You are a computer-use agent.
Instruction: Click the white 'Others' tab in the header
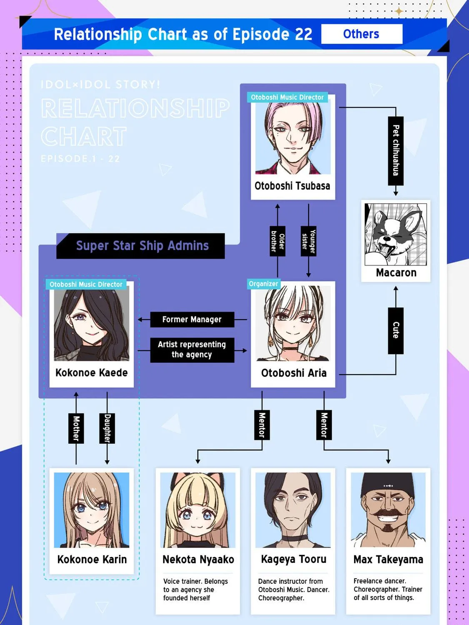(362, 34)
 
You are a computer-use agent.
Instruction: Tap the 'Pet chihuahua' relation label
(396, 151)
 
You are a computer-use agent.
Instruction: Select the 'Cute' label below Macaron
(396, 330)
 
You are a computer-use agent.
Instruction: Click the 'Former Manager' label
(192, 320)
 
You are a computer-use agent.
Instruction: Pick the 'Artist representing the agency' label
(192, 350)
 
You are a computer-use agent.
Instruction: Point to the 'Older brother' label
(277, 241)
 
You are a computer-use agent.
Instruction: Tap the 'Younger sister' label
(309, 241)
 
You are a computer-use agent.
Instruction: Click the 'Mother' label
(76, 428)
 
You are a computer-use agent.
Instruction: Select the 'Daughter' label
(107, 428)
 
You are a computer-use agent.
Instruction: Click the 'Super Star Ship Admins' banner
(141, 246)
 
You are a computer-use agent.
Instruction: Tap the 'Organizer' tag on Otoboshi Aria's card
(264, 284)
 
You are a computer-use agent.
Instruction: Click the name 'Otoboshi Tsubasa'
(292, 186)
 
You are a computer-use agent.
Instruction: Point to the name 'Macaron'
(396, 273)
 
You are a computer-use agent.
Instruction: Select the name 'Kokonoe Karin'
(92, 560)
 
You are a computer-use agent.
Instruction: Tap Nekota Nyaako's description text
(195, 590)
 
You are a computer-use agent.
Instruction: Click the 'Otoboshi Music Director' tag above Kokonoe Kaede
(86, 284)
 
